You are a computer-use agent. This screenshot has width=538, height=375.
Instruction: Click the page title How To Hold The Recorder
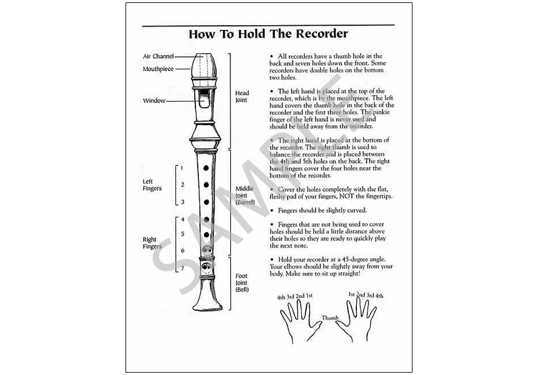(x=268, y=33)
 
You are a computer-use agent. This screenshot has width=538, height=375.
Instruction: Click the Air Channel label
(x=158, y=56)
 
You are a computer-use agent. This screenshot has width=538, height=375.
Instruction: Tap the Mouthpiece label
(x=158, y=69)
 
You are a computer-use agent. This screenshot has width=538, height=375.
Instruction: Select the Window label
(x=154, y=100)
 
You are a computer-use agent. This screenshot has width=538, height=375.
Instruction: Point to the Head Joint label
(x=242, y=96)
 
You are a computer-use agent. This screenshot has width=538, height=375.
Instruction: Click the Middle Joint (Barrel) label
(x=244, y=195)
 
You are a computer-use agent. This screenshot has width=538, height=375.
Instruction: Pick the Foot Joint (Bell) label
(x=242, y=283)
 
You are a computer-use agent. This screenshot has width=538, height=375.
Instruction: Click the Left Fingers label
(x=152, y=185)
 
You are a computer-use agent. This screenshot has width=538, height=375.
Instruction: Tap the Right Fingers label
(x=152, y=243)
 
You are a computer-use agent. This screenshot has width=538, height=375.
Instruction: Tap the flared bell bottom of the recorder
(x=207, y=299)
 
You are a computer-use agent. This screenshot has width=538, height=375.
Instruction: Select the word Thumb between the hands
(x=329, y=318)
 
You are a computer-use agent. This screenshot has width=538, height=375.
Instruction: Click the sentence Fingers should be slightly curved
(x=322, y=211)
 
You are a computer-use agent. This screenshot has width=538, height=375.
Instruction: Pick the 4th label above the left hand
(x=281, y=297)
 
